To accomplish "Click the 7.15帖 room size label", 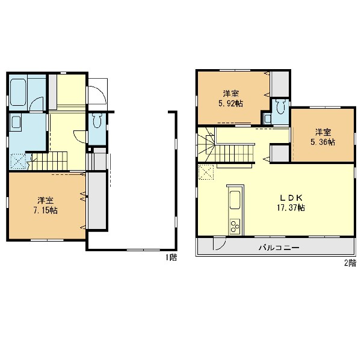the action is tap(46, 210).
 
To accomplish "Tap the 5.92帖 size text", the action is tap(230, 103).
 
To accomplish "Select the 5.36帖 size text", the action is tap(322, 142).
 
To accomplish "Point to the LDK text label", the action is tap(291, 198).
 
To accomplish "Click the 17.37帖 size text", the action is tap(291, 208).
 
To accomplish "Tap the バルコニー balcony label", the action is tap(279, 248).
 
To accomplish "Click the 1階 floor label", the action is tap(171, 257).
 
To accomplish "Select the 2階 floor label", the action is tap(350, 263).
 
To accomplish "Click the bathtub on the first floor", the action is tap(18, 92).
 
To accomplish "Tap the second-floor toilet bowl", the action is tap(280, 107).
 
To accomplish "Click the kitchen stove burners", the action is tap(235, 227).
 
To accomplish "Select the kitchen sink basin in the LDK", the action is tap(235, 200).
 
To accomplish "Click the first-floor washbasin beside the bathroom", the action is tap(16, 122).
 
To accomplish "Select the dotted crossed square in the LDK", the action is tap(206, 172).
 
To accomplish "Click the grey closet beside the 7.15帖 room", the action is tap(97, 200).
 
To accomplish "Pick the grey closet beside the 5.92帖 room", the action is tap(280, 84).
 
